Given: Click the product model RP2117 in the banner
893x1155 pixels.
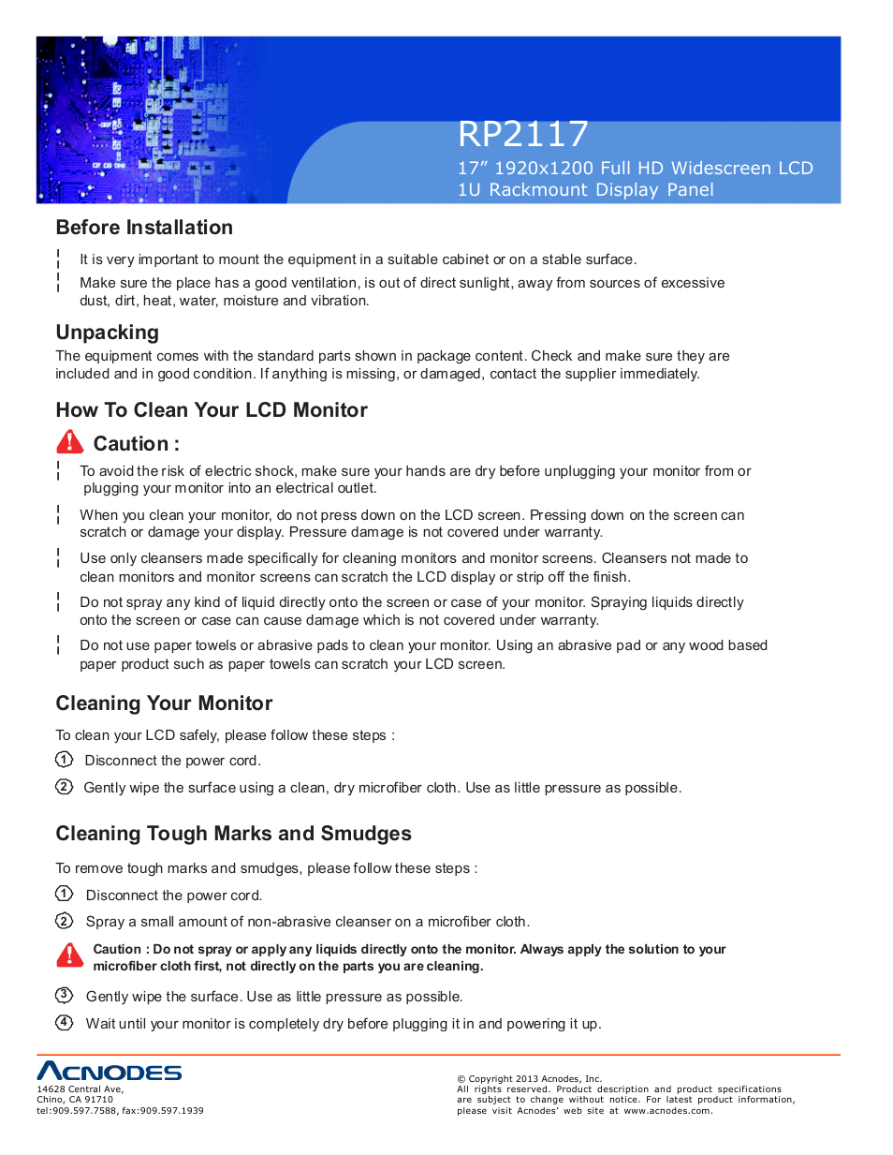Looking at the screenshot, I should pyautogui.click(x=522, y=135).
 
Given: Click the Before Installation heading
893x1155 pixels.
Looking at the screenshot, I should pyautogui.click(x=144, y=228).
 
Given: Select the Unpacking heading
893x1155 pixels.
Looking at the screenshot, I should pyautogui.click(x=107, y=333).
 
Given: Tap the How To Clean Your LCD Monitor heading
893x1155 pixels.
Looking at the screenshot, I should pyautogui.click(x=212, y=410).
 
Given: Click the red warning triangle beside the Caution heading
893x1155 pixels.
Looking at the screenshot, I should pyautogui.click(x=69, y=442).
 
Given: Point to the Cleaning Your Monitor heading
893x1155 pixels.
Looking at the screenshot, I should pyautogui.click(x=164, y=703).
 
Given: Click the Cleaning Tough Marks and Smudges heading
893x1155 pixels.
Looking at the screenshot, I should pyautogui.click(x=233, y=834).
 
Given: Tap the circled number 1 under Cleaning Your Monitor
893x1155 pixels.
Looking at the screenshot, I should pyautogui.click(x=64, y=760).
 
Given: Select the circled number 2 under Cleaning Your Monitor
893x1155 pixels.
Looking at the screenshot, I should pyautogui.click(x=64, y=787).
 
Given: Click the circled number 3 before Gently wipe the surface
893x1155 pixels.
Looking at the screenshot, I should pyautogui.click(x=64, y=995).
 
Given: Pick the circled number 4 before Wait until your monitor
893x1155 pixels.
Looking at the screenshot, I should pyautogui.click(x=64, y=1022).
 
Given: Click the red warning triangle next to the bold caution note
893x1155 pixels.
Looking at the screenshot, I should pyautogui.click(x=69, y=955).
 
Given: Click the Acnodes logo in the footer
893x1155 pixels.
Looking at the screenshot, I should pyautogui.click(x=109, y=1072).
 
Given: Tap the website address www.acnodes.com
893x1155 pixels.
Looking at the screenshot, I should pyautogui.click(x=667, y=1111).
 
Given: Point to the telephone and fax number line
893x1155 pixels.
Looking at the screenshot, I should pyautogui.click(x=120, y=1111).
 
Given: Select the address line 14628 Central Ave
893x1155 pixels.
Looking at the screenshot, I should pyautogui.click(x=80, y=1089).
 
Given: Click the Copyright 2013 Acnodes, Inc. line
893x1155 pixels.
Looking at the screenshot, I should pyautogui.click(x=529, y=1079).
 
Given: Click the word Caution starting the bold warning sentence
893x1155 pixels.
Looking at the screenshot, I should pyautogui.click(x=117, y=949).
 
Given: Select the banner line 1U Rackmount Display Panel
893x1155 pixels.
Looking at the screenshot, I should pyautogui.click(x=585, y=190).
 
